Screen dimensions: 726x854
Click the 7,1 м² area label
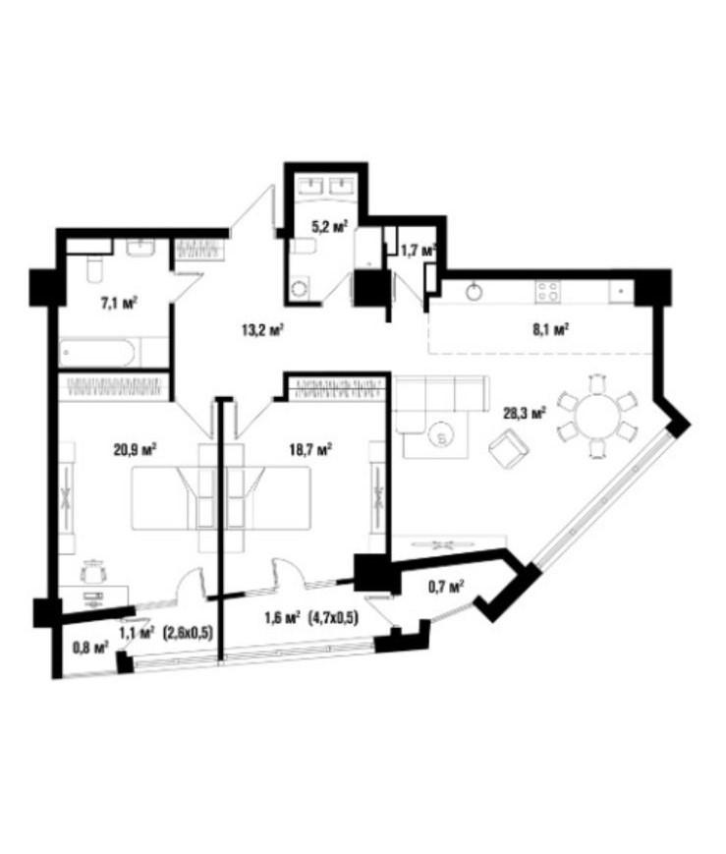click(119, 303)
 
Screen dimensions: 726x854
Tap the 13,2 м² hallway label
click(264, 329)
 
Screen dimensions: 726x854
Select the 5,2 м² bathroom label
click(329, 227)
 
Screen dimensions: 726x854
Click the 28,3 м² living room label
click(525, 414)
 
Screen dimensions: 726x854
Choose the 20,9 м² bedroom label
click(135, 449)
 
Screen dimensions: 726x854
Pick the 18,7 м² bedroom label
click(310, 449)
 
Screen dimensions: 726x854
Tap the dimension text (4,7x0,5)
click(333, 618)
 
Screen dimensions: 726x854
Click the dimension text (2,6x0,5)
click(188, 633)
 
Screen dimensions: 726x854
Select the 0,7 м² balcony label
click(446, 587)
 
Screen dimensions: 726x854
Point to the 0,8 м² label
click(90, 647)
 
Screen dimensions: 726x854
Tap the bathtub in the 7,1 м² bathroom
click(98, 353)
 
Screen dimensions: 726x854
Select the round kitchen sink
click(475, 291)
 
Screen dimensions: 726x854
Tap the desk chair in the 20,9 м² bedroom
click(93, 571)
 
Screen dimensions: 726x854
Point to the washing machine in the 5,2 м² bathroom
click(299, 288)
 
